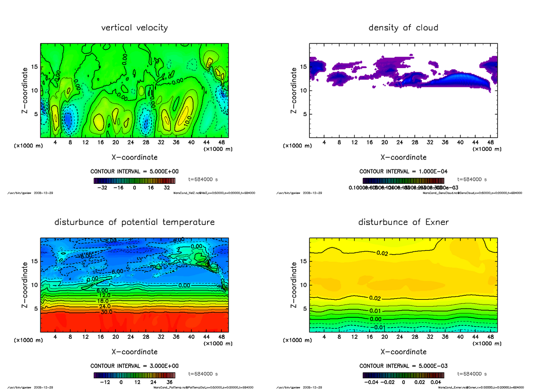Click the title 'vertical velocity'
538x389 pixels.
[134, 28]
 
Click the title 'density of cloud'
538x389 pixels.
[403, 28]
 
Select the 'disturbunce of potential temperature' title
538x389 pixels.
[134, 222]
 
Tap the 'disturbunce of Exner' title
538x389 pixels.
[403, 222]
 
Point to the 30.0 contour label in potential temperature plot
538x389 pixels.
[106, 312]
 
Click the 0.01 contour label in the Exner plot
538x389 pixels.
[375, 311]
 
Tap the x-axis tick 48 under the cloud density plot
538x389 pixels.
[490, 143]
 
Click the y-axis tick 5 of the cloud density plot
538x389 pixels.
[305, 114]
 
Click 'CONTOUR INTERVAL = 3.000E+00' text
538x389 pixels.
[134, 366]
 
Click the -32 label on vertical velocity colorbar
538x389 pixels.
[102, 188]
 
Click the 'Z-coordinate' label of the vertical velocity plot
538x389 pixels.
[25, 90]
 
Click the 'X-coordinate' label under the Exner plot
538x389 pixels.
[403, 352]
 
